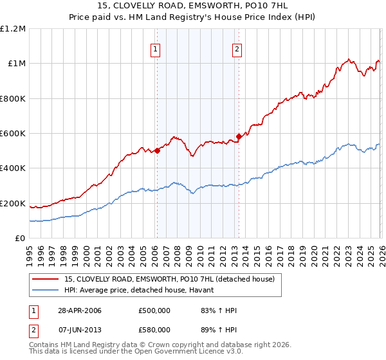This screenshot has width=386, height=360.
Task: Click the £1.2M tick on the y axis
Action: [x=13, y=29]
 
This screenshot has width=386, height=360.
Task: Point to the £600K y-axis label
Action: [x=13, y=134]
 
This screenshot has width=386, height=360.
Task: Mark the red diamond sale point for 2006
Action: [x=157, y=151]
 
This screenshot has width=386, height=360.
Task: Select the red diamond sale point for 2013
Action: [x=238, y=136]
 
